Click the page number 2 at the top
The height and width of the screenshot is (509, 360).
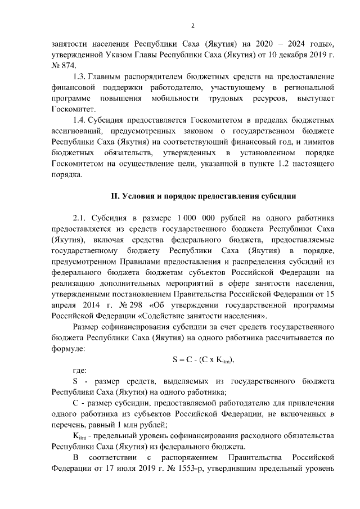tap(192, 26)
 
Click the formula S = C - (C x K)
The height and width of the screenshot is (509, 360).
tap(202, 359)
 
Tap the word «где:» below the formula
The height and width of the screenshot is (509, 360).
tap(80, 371)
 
